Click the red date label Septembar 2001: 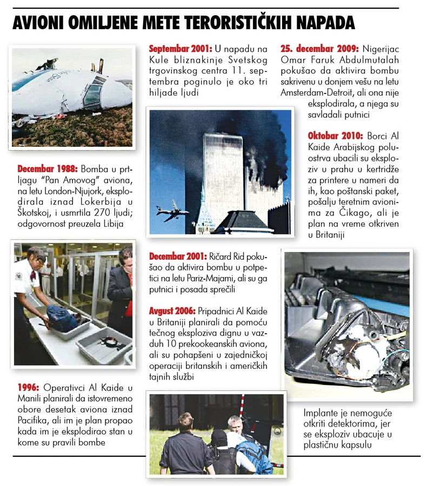pos(181,49)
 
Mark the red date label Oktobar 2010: pos(335,136)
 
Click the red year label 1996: pos(28,387)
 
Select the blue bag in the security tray pos(61,318)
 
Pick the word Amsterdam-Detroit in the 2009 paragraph pos(317,93)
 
